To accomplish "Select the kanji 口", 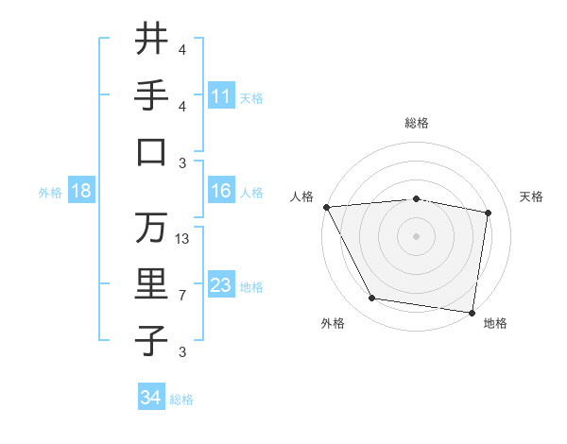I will coord(151,151).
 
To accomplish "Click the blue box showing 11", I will coord(221,95).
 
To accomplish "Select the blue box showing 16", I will coord(221,191).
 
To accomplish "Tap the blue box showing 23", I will coord(221,285).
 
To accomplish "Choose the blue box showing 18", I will coord(81,191).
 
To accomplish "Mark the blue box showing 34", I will coord(151,398).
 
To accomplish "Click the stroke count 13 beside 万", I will coord(182,238).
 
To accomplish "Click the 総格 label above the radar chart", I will coord(417,123).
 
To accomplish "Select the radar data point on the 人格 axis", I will coord(326,207).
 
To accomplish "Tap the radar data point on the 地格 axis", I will coord(472,312).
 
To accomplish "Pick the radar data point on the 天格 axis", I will coord(488,213).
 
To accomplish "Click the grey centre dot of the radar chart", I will coord(417,236).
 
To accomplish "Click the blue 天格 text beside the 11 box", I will coord(251,97).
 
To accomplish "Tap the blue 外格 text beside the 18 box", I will coord(50,193).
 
